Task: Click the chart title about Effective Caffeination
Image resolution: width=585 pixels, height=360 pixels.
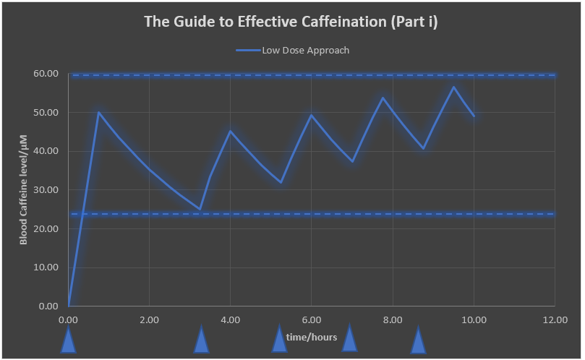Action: click(291, 21)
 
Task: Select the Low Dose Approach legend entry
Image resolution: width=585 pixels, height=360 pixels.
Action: click(293, 51)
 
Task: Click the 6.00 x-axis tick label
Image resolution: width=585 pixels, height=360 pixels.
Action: click(311, 319)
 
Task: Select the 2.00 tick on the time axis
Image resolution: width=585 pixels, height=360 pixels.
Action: click(149, 319)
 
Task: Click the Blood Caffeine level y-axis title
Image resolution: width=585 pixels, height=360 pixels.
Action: click(23, 189)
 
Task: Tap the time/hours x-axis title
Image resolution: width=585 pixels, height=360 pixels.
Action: click(311, 337)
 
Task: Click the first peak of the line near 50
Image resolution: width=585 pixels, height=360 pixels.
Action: click(98, 112)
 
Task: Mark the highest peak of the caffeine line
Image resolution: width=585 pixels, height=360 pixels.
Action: click(453, 87)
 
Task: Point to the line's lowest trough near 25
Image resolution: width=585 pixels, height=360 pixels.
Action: click(200, 209)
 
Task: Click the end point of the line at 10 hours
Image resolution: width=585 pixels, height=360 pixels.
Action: click(474, 116)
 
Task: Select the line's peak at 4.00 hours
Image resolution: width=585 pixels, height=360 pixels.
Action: click(230, 130)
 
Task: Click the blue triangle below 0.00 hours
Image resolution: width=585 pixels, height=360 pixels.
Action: click(68, 341)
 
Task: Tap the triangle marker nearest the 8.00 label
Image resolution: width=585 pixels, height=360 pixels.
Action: click(418, 341)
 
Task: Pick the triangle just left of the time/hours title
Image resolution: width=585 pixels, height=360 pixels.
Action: click(279, 340)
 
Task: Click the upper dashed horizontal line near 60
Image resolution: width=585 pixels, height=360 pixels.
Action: click(311, 75)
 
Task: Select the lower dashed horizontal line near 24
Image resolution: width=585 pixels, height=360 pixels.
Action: click(311, 214)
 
